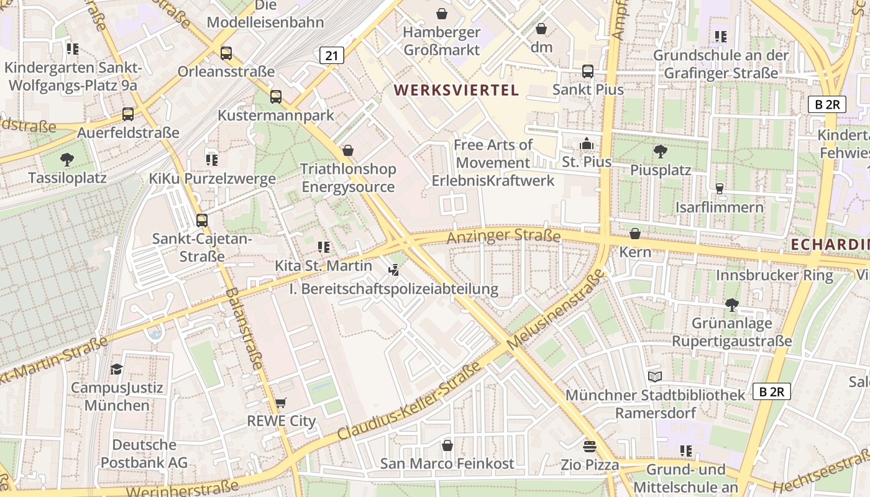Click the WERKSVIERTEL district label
(x=456, y=90)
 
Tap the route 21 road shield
(x=332, y=55)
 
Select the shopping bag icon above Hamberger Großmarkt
(x=442, y=14)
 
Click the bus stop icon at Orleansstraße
(x=226, y=53)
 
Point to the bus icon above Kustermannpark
(x=276, y=97)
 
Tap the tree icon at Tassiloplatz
(x=67, y=159)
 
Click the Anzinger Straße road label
(x=504, y=236)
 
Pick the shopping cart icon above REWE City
(x=281, y=403)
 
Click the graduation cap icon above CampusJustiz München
(x=116, y=370)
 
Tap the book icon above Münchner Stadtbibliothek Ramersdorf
(x=655, y=376)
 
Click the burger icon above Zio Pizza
(x=589, y=446)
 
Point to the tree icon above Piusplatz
(x=661, y=151)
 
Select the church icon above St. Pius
(x=586, y=144)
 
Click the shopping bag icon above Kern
(x=635, y=234)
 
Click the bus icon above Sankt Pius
(x=588, y=71)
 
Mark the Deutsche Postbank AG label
(x=144, y=454)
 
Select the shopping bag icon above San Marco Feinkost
(x=447, y=445)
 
